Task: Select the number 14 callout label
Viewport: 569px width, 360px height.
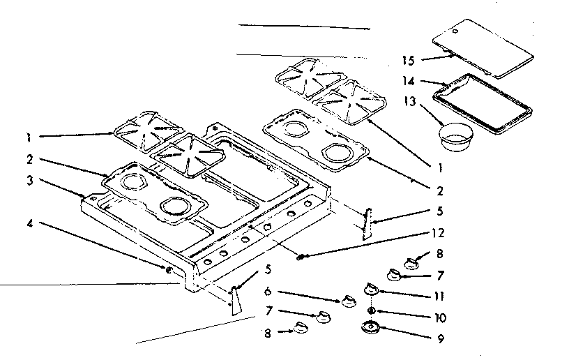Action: click(408, 81)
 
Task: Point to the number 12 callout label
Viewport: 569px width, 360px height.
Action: click(438, 233)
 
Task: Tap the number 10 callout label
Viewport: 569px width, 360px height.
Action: click(440, 317)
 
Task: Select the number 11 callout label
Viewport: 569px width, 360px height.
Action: click(439, 296)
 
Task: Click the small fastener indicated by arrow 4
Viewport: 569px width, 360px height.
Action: click(168, 269)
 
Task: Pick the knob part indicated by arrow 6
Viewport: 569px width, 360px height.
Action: click(348, 301)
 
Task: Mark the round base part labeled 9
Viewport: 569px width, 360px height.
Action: click(371, 327)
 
